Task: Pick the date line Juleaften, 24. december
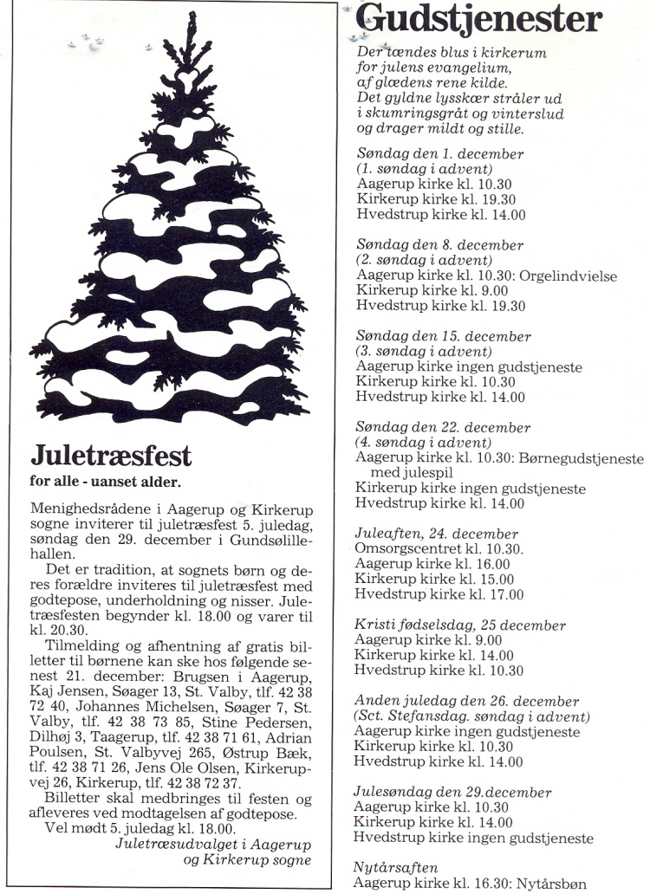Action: click(x=437, y=534)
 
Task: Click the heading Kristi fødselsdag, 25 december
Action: click(x=460, y=625)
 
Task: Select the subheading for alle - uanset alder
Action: click(x=106, y=482)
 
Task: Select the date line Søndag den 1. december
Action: click(x=440, y=154)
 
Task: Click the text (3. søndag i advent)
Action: click(x=425, y=352)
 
